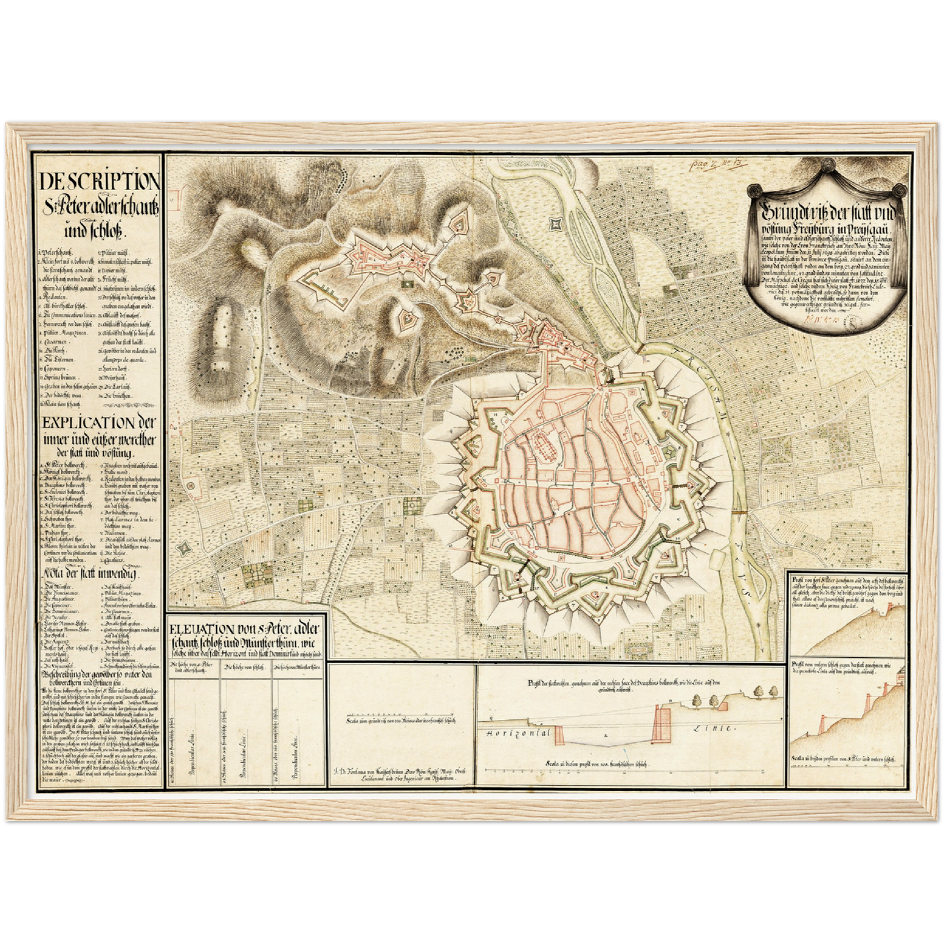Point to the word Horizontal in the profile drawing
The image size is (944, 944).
coord(516,734)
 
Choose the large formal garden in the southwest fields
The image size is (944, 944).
coord(255,575)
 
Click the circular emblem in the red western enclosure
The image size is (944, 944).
coord(191,485)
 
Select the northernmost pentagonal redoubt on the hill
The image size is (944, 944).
coord(460,223)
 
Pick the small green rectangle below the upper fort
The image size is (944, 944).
coord(408,284)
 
